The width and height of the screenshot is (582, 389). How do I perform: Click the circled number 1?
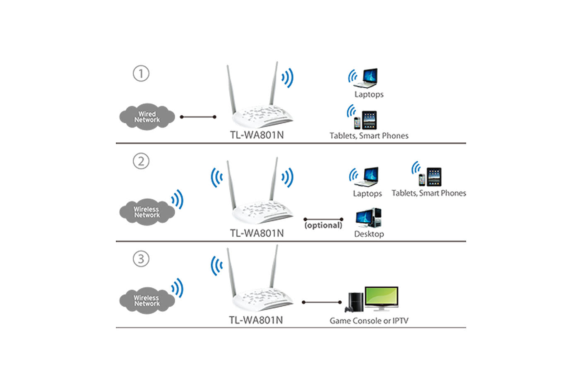click(x=141, y=74)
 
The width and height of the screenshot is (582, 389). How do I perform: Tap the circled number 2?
click(x=141, y=161)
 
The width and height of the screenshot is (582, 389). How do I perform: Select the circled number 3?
click(x=141, y=259)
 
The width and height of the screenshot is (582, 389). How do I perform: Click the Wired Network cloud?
click(x=147, y=117)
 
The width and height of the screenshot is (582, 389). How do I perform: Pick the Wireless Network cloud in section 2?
click(x=146, y=212)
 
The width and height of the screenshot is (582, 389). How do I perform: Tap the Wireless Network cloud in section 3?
click(x=146, y=300)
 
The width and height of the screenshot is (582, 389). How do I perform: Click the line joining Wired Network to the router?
click(x=198, y=117)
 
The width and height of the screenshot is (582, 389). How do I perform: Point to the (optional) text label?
click(x=323, y=226)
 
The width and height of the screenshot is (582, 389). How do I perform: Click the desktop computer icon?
click(x=368, y=218)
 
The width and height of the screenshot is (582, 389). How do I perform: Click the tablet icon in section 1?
click(x=369, y=120)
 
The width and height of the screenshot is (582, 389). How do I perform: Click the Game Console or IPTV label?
click(x=368, y=321)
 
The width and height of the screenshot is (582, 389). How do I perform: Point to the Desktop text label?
click(x=369, y=234)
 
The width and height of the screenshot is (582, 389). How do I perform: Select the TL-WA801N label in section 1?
click(x=257, y=135)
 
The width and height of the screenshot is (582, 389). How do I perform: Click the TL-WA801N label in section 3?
click(x=256, y=320)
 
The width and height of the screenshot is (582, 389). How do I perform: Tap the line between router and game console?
click(x=322, y=303)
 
